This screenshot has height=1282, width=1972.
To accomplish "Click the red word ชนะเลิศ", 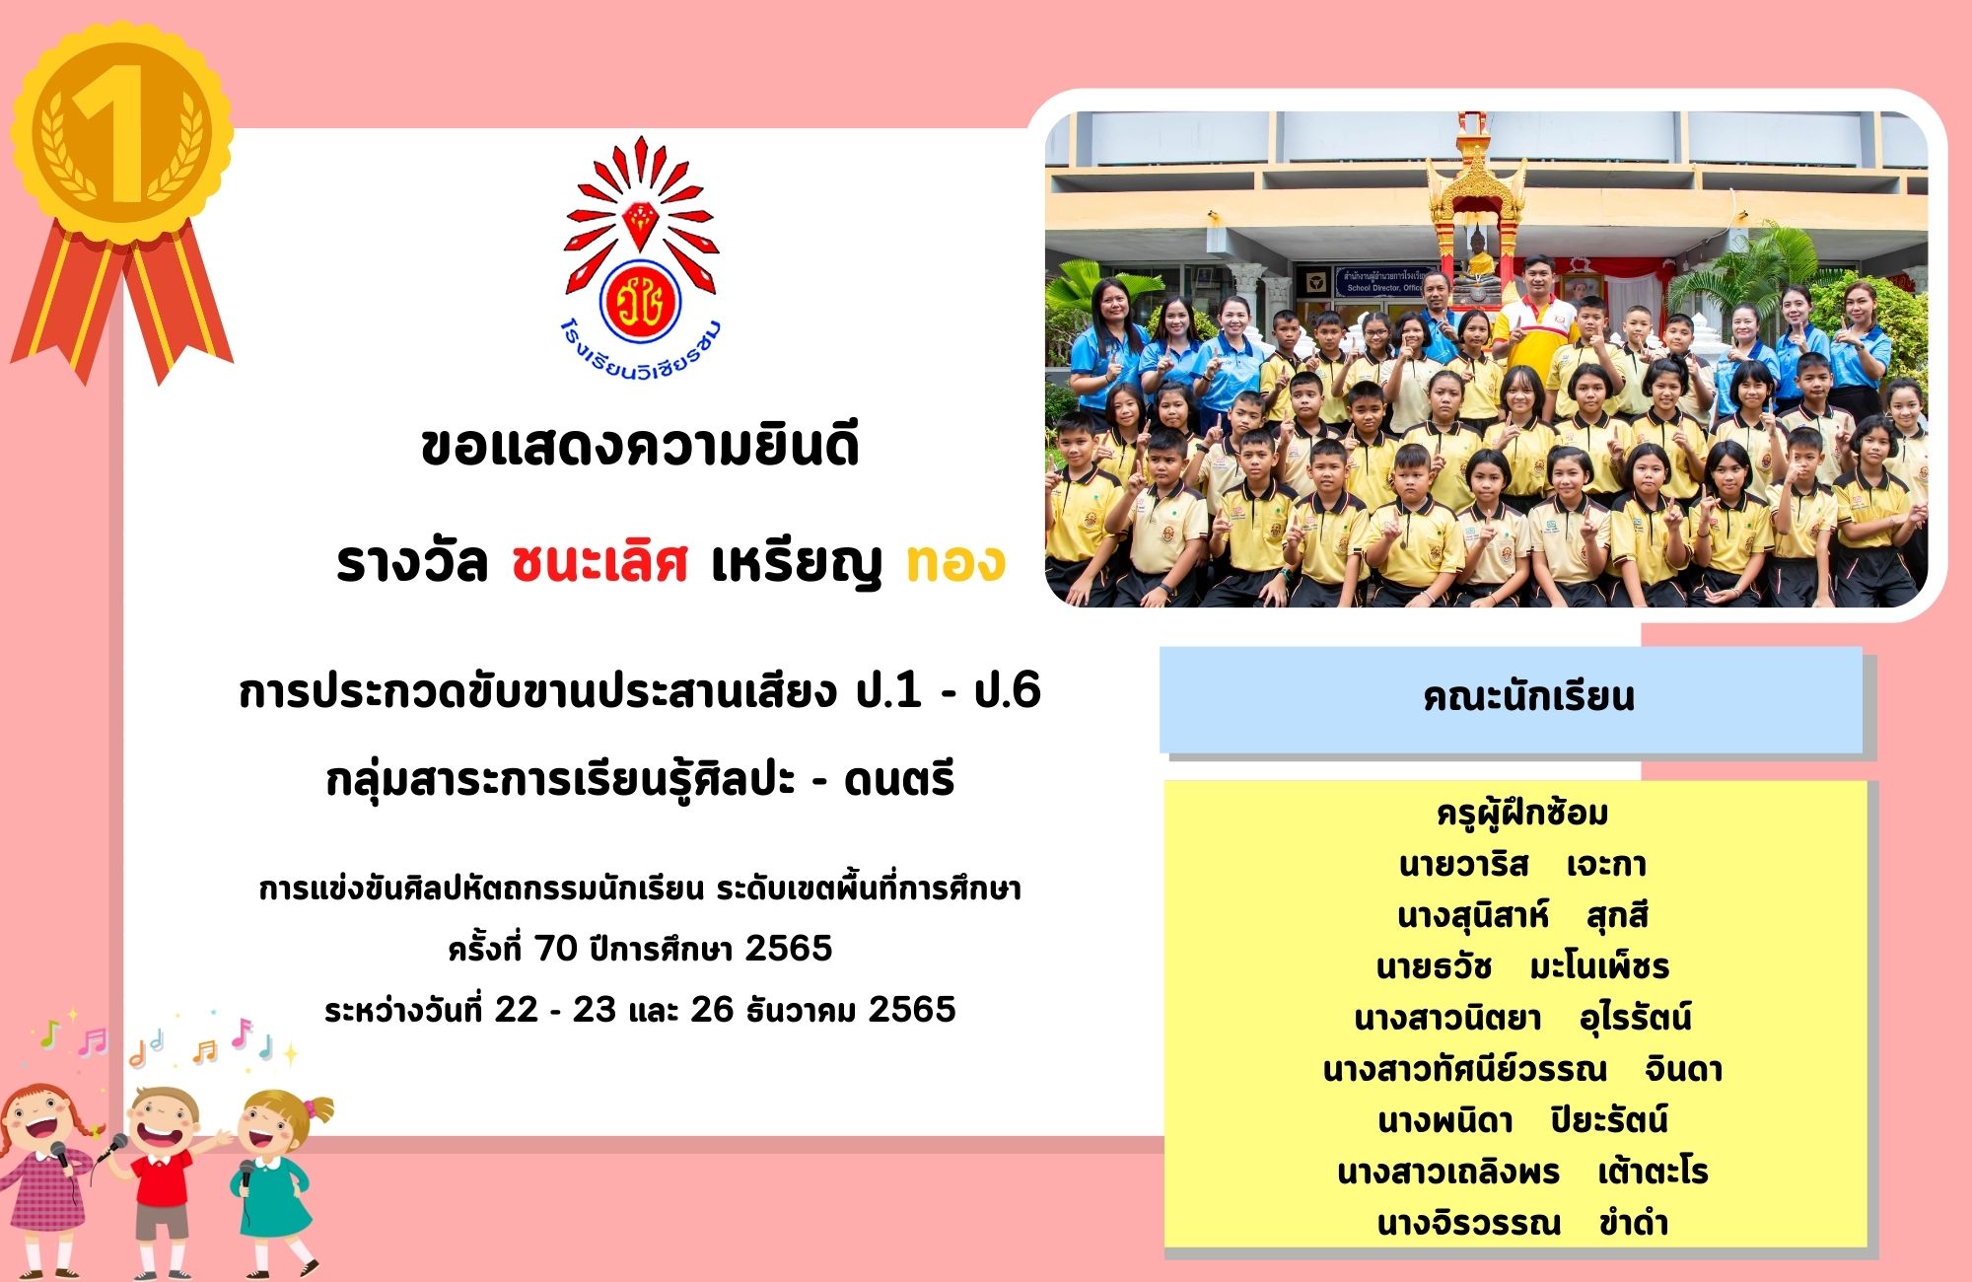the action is pyautogui.click(x=599, y=563).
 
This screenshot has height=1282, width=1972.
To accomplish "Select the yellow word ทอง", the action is pyautogui.click(x=954, y=563).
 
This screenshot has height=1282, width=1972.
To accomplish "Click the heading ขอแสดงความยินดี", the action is pyautogui.click(x=640, y=445).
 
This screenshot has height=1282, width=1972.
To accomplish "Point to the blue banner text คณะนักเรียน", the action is pyautogui.click(x=1528, y=696).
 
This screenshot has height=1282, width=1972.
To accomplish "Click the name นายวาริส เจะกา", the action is pyautogui.click(x=1522, y=865).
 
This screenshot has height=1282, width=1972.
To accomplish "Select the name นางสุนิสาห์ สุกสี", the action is pyautogui.click(x=1522, y=916).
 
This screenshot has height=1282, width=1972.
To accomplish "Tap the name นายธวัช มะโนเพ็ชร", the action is pyautogui.click(x=1522, y=966).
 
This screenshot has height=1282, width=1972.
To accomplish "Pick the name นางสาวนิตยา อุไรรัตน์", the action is pyautogui.click(x=1522, y=1018).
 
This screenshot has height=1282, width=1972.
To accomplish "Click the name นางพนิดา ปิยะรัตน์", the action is pyautogui.click(x=1522, y=1120).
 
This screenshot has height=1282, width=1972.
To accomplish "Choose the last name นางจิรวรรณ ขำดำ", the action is pyautogui.click(x=1522, y=1224).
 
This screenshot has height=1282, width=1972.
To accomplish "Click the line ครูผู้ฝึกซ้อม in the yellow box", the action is pyautogui.click(x=1522, y=814).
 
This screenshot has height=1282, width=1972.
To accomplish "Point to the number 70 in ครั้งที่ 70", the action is pyautogui.click(x=555, y=949).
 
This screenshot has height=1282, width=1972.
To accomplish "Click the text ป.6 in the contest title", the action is pyautogui.click(x=1007, y=689).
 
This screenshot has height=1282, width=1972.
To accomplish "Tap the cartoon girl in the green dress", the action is pyautogui.click(x=276, y=1178).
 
